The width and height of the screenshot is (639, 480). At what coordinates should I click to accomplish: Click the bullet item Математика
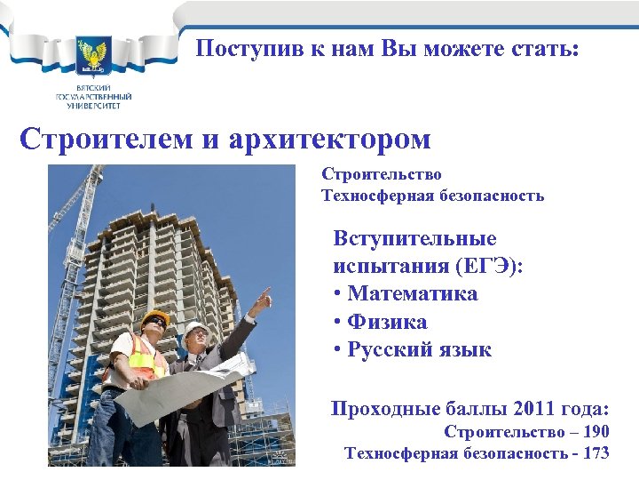click(412, 293)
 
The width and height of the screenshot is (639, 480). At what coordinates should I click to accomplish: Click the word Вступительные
click(414, 238)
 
